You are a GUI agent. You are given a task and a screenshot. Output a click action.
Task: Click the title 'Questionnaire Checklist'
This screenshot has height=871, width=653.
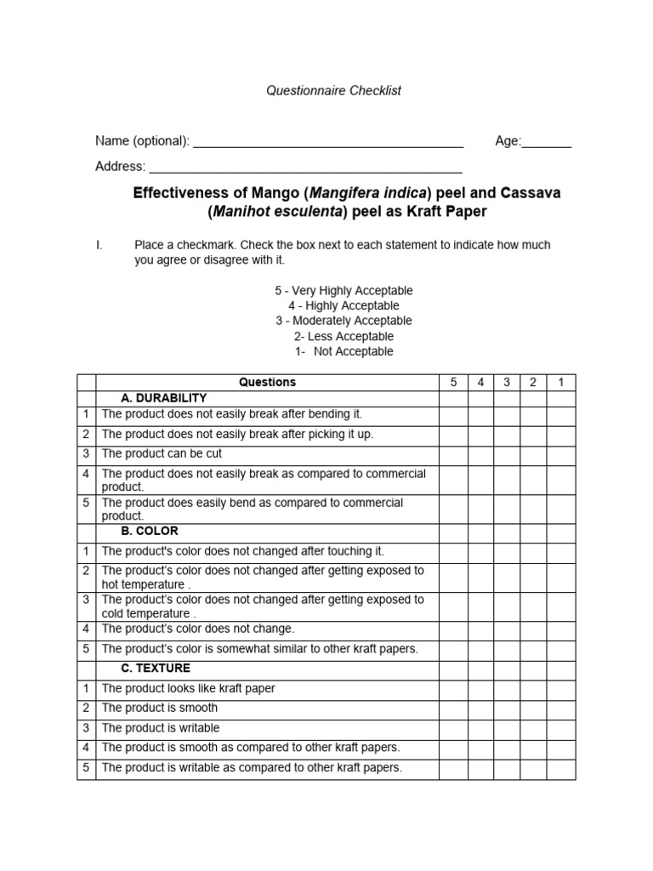[333, 91]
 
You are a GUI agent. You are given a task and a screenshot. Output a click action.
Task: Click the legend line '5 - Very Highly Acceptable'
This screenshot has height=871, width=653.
[344, 290]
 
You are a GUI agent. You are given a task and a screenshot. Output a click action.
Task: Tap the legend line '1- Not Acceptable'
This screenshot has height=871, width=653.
[344, 351]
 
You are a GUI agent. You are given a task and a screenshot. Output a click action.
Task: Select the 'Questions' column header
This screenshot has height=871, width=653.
[267, 383]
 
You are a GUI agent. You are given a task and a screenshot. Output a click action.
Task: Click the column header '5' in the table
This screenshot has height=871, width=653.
[453, 383]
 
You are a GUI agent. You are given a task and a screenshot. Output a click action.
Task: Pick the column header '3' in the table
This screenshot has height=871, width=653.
[507, 383]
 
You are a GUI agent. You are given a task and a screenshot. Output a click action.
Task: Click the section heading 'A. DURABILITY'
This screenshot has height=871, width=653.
[164, 398]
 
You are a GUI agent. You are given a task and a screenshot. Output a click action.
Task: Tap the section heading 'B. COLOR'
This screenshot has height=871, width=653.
[150, 531]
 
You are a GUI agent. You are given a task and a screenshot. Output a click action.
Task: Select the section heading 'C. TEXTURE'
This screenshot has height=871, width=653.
[156, 669]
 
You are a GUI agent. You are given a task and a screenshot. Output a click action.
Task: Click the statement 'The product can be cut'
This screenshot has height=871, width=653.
[162, 454]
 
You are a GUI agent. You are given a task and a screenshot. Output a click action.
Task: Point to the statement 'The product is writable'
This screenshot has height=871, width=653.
[161, 728]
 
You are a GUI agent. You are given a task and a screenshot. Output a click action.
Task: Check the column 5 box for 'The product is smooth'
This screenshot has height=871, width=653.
[453, 709]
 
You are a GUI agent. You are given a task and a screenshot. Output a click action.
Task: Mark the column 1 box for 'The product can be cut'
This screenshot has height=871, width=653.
[561, 454]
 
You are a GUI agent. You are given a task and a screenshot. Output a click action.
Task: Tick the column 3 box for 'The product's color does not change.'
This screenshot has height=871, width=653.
[507, 629]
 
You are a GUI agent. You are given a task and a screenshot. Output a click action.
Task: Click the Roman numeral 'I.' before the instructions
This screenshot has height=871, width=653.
[99, 245]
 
